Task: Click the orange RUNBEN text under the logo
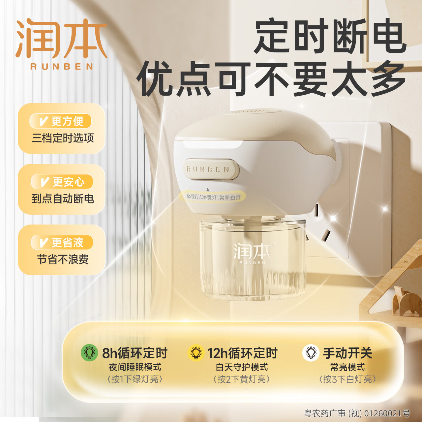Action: [62, 67]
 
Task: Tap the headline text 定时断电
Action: [330, 36]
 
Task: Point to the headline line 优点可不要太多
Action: [271, 79]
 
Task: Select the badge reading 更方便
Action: [61, 121]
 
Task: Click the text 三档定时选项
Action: [63, 138]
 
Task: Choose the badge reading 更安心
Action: [62, 182]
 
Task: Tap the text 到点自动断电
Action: [63, 198]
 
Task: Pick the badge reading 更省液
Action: [62, 243]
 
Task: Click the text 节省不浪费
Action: [63, 259]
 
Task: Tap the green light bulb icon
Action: [89, 353]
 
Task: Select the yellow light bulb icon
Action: [196, 353]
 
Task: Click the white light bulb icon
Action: [311, 353]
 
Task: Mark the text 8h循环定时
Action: [135, 353]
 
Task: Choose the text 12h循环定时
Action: [242, 353]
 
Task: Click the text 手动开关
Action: [347, 353]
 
